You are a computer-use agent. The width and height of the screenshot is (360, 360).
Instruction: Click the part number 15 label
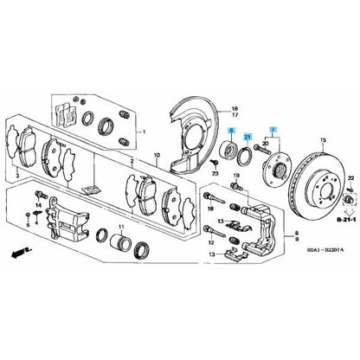[323, 140]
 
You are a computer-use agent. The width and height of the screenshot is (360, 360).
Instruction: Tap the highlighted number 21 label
[247, 137]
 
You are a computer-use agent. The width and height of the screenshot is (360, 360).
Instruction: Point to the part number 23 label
[215, 174]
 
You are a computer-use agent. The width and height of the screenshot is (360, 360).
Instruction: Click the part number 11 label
[121, 227]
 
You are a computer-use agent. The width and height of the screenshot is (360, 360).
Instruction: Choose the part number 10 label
[157, 156]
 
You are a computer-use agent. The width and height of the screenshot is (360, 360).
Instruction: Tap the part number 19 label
[236, 176]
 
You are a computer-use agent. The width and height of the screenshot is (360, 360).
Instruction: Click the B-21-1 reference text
[346, 220]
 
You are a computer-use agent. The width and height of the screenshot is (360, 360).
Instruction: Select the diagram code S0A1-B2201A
[325, 250]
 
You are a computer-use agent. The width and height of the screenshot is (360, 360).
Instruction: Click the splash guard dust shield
[193, 136]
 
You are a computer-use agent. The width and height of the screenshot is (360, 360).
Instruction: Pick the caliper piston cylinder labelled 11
[121, 241]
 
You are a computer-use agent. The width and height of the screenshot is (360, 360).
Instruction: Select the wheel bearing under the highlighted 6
[228, 148]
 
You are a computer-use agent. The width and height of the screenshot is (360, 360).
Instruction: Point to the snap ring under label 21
[245, 156]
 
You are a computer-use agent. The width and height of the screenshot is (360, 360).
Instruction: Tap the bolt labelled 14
[41, 196]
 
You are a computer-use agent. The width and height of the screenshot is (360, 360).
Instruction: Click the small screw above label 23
[214, 164]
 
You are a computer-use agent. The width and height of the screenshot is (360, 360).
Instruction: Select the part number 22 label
[350, 179]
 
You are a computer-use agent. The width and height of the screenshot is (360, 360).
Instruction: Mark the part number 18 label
[210, 209]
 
